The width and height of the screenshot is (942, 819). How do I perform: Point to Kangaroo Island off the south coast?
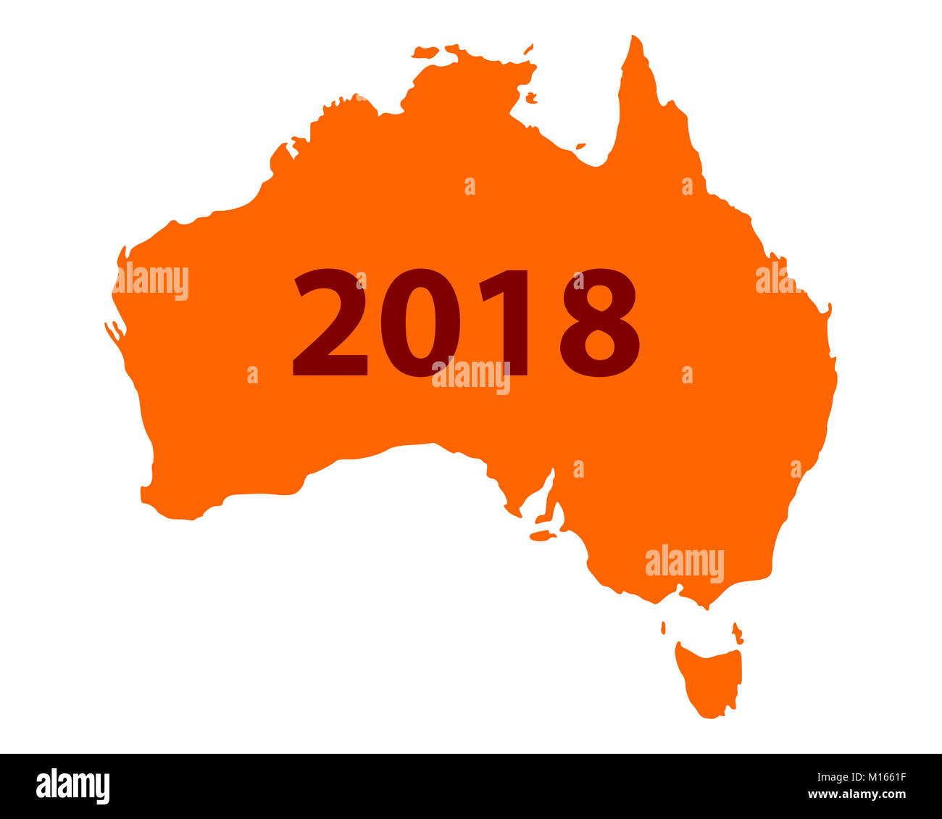(542, 536)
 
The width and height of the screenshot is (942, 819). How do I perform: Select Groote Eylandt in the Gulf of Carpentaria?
(531, 97)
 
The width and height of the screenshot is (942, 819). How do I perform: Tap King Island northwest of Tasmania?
(663, 628)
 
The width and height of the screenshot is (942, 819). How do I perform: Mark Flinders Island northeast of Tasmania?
(737, 633)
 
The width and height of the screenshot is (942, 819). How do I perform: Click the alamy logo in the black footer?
(72, 786)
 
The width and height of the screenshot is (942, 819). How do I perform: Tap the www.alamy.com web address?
(856, 795)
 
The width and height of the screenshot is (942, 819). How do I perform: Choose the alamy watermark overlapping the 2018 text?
(471, 376)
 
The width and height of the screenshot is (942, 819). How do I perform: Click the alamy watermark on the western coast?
(151, 282)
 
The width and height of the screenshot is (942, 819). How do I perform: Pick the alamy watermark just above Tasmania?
(684, 564)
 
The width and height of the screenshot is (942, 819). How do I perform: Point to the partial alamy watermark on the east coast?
(777, 278)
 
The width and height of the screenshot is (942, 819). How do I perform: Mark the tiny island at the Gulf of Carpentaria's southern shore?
(580, 146)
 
